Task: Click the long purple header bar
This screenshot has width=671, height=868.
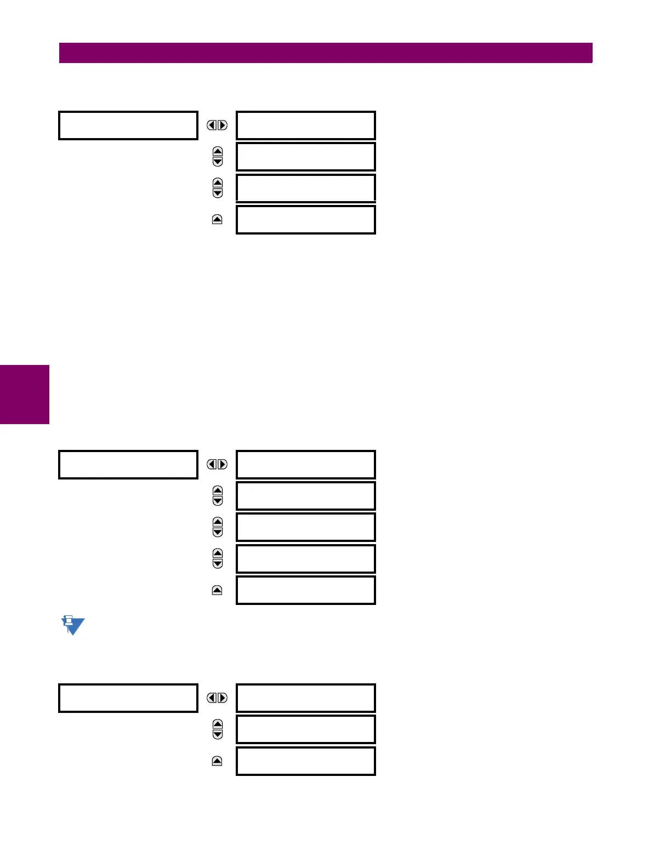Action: point(326,53)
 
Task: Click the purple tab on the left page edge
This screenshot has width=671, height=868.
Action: point(25,395)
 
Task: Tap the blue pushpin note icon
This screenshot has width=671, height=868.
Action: point(72,625)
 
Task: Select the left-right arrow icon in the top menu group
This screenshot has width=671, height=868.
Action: point(217,125)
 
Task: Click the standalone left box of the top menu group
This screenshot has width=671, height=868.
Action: point(128,125)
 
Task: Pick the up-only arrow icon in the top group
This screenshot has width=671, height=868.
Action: point(217,220)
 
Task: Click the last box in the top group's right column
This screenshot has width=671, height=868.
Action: point(306,220)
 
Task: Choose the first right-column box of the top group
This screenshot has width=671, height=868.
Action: point(306,125)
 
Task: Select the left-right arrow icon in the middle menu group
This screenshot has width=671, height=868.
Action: point(217,465)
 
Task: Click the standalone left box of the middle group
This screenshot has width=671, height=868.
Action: point(128,465)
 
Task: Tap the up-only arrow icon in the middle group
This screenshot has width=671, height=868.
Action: point(217,590)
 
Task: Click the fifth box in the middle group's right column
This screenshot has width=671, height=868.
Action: point(306,590)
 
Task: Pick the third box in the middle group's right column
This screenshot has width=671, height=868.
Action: point(306,527)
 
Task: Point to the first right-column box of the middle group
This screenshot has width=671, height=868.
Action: point(306,465)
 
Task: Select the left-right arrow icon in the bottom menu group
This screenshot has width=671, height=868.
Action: point(217,698)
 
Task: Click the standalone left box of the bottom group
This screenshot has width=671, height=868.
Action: point(128,698)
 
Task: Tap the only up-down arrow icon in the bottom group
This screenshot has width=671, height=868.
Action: point(218,729)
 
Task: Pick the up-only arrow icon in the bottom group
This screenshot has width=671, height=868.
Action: point(217,761)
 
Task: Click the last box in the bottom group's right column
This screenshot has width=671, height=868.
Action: point(306,761)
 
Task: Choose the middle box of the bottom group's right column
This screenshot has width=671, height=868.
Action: point(306,729)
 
